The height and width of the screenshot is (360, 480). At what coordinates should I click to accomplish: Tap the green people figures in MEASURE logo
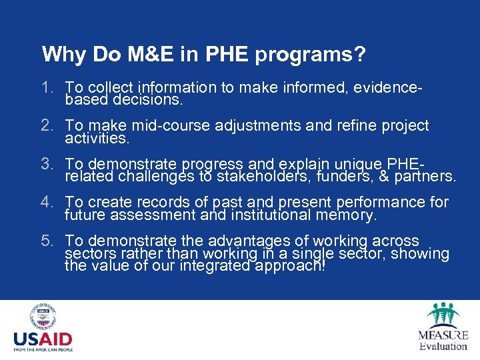pyautogui.click(x=443, y=314)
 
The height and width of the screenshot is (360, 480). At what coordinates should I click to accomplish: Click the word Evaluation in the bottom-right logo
pyautogui.click(x=443, y=345)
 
